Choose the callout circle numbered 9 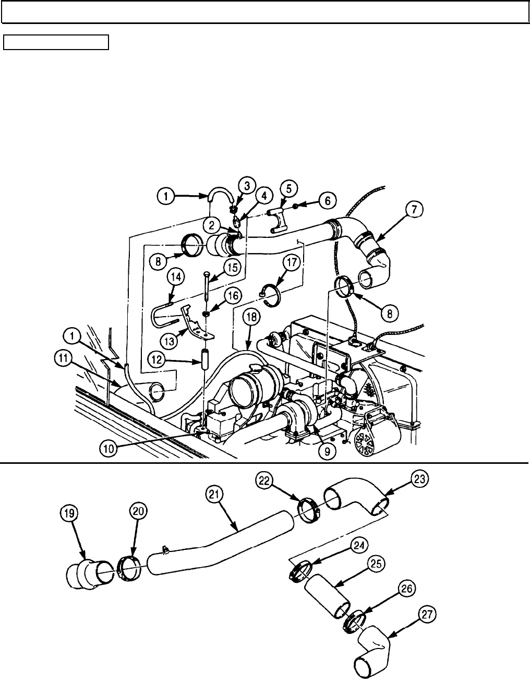[x=326, y=451]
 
